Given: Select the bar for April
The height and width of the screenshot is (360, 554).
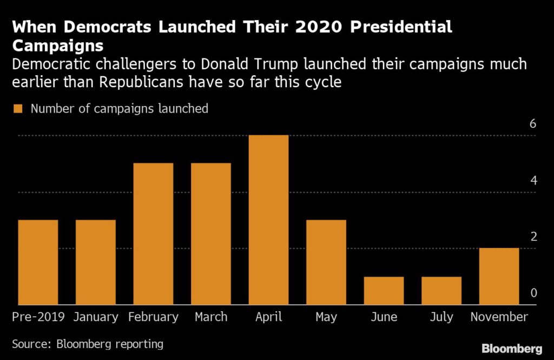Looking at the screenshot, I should (268, 220).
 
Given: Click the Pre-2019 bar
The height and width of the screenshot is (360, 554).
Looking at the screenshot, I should (38, 262).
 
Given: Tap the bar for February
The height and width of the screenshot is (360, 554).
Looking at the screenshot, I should (153, 234).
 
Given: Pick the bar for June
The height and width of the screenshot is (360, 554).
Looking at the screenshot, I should (384, 291).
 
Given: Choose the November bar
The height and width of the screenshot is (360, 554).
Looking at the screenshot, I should (499, 276).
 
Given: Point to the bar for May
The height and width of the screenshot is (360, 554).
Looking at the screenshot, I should (326, 262).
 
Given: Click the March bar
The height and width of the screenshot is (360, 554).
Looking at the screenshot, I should (211, 234).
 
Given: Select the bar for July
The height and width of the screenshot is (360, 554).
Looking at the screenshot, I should (441, 291).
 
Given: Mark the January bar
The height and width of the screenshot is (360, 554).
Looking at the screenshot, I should (95, 262).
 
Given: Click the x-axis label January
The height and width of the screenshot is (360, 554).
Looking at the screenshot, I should (95, 317).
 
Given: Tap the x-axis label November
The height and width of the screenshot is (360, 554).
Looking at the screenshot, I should (499, 317).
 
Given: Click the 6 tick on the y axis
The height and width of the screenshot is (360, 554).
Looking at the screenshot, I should (533, 124).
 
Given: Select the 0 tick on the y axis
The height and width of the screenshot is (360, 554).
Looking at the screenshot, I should (533, 293).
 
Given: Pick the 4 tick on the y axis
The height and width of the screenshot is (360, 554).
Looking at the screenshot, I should (533, 180).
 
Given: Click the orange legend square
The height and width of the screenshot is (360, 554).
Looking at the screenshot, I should (17, 109).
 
